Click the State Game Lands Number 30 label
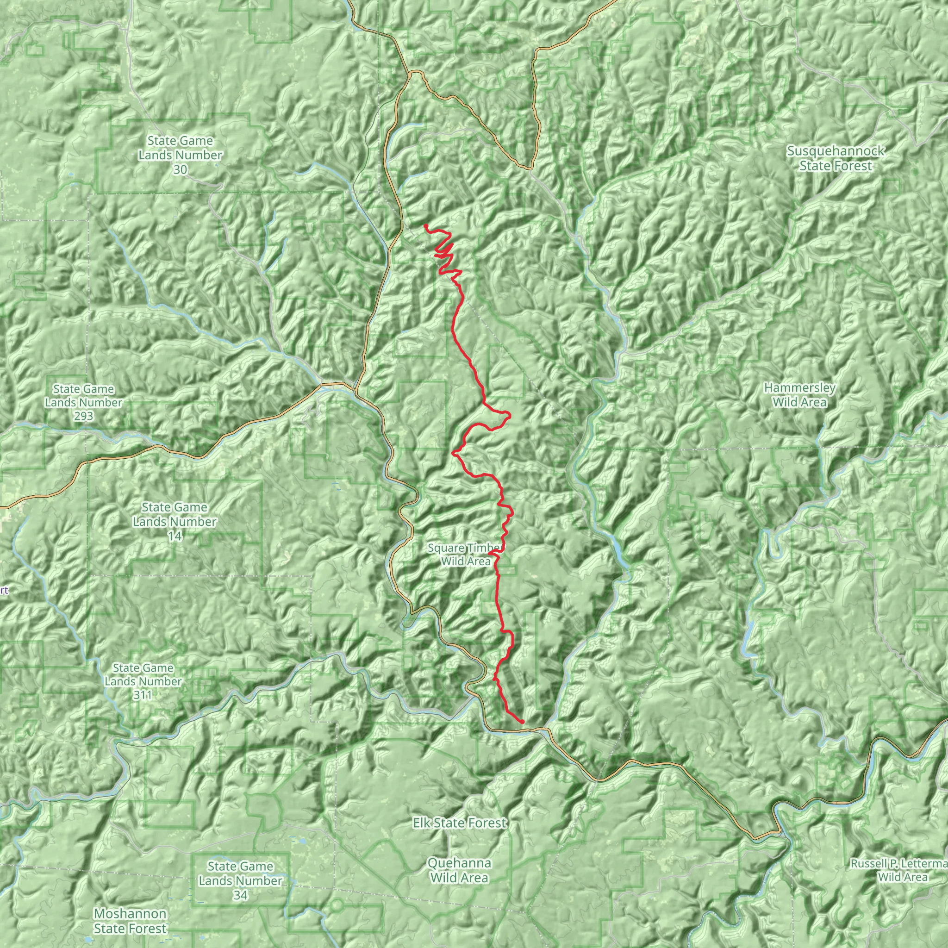pyautogui.click(x=180, y=155)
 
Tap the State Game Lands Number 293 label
pyautogui.click(x=84, y=402)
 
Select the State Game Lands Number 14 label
pyautogui.click(x=174, y=521)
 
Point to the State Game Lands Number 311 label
pyautogui.click(x=143, y=681)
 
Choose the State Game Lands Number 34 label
pyautogui.click(x=240, y=881)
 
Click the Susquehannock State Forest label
pyautogui.click(x=836, y=158)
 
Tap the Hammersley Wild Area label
pyautogui.click(x=799, y=395)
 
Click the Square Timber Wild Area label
pyautogui.click(x=466, y=555)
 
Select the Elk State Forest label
pyautogui.click(x=460, y=823)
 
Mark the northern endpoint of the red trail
pyautogui.click(x=426, y=226)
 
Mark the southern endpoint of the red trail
pyautogui.click(x=522, y=721)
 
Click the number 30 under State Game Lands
pyautogui.click(x=180, y=170)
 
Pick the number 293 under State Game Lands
pyautogui.click(x=84, y=416)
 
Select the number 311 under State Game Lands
pyautogui.click(x=143, y=695)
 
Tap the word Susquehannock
pyautogui.click(x=836, y=150)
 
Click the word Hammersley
pyautogui.click(x=799, y=388)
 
